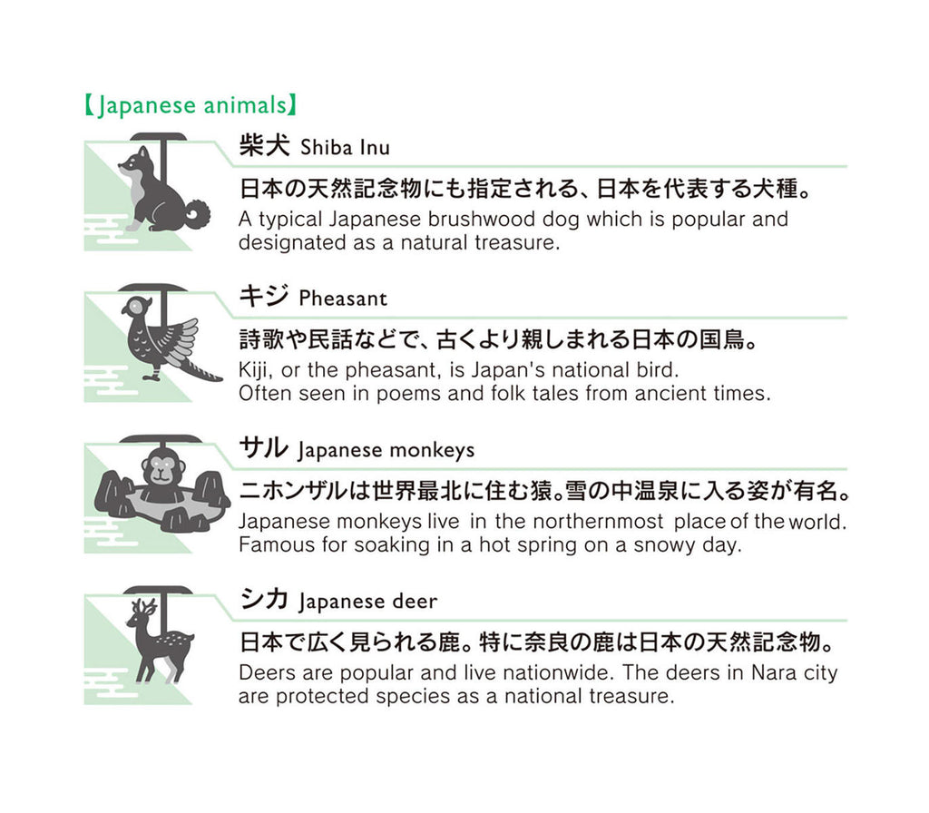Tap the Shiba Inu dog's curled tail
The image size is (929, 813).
point(197,214)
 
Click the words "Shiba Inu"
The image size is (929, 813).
point(345,148)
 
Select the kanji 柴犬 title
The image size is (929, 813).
point(264,145)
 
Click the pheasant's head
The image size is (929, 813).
point(135,307)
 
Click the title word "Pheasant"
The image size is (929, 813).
point(343,298)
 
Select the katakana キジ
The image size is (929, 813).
point(264,296)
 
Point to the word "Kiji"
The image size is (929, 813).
point(255,370)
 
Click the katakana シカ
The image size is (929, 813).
point(264,599)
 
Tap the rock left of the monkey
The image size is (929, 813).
point(114,494)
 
